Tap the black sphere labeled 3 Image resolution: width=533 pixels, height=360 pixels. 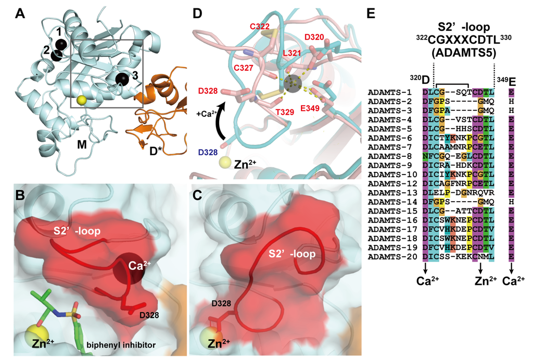tap(122, 79)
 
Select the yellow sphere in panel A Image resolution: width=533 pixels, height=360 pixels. tap(81, 100)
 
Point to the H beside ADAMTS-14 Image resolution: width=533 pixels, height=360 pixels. tap(512, 201)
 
